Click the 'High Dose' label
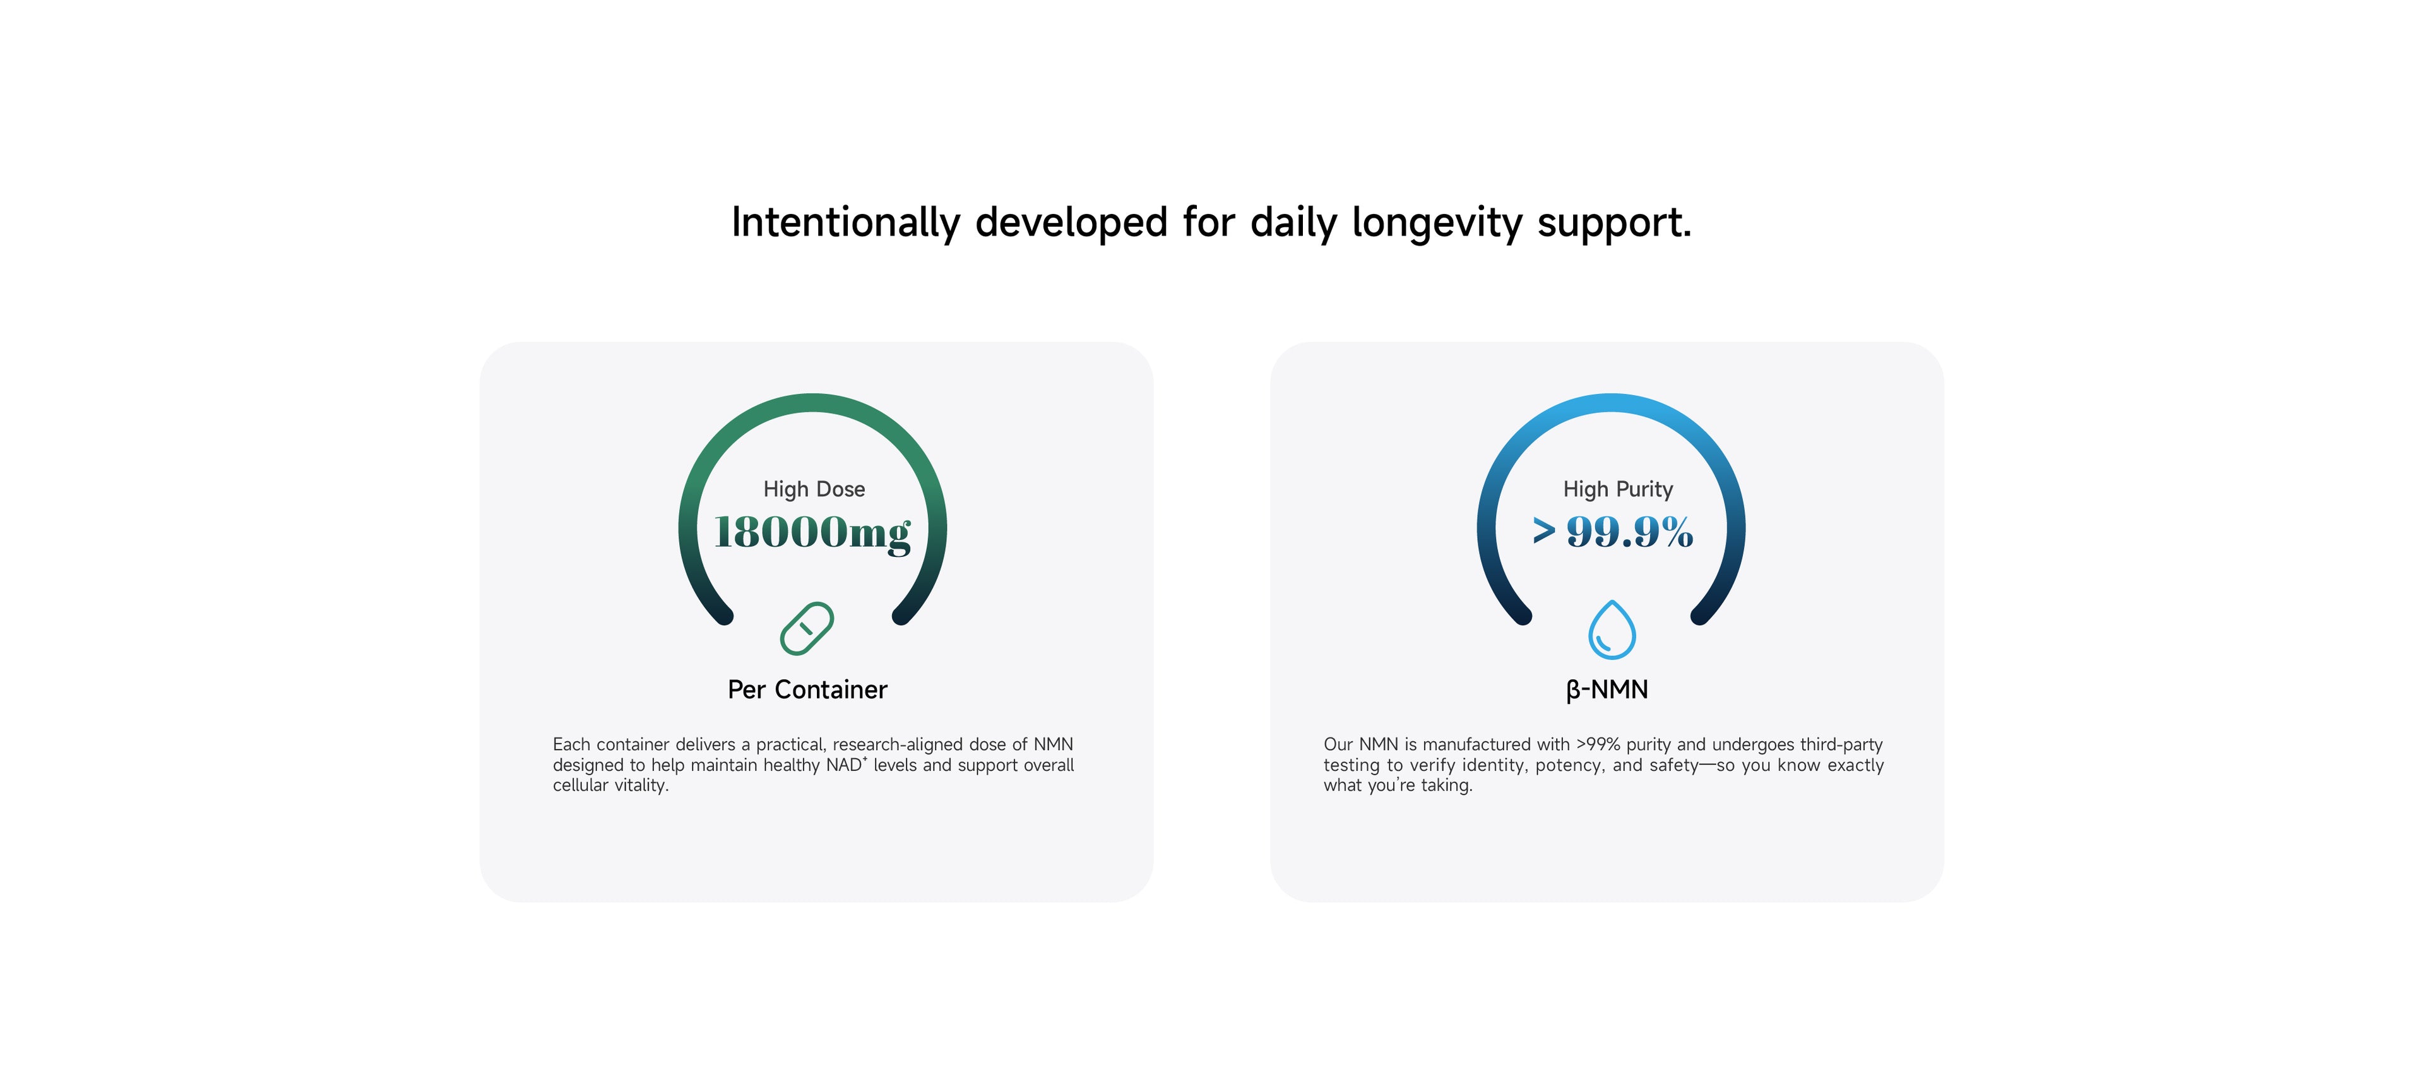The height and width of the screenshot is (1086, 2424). click(814, 489)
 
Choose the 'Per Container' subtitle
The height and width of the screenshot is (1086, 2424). click(807, 690)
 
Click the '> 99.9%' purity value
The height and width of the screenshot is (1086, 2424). click(1613, 532)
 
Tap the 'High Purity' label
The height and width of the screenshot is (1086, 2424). click(1619, 489)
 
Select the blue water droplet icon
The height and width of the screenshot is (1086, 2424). click(1612, 630)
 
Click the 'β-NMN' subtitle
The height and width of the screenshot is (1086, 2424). click(1607, 690)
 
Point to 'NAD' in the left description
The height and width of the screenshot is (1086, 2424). click(844, 765)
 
